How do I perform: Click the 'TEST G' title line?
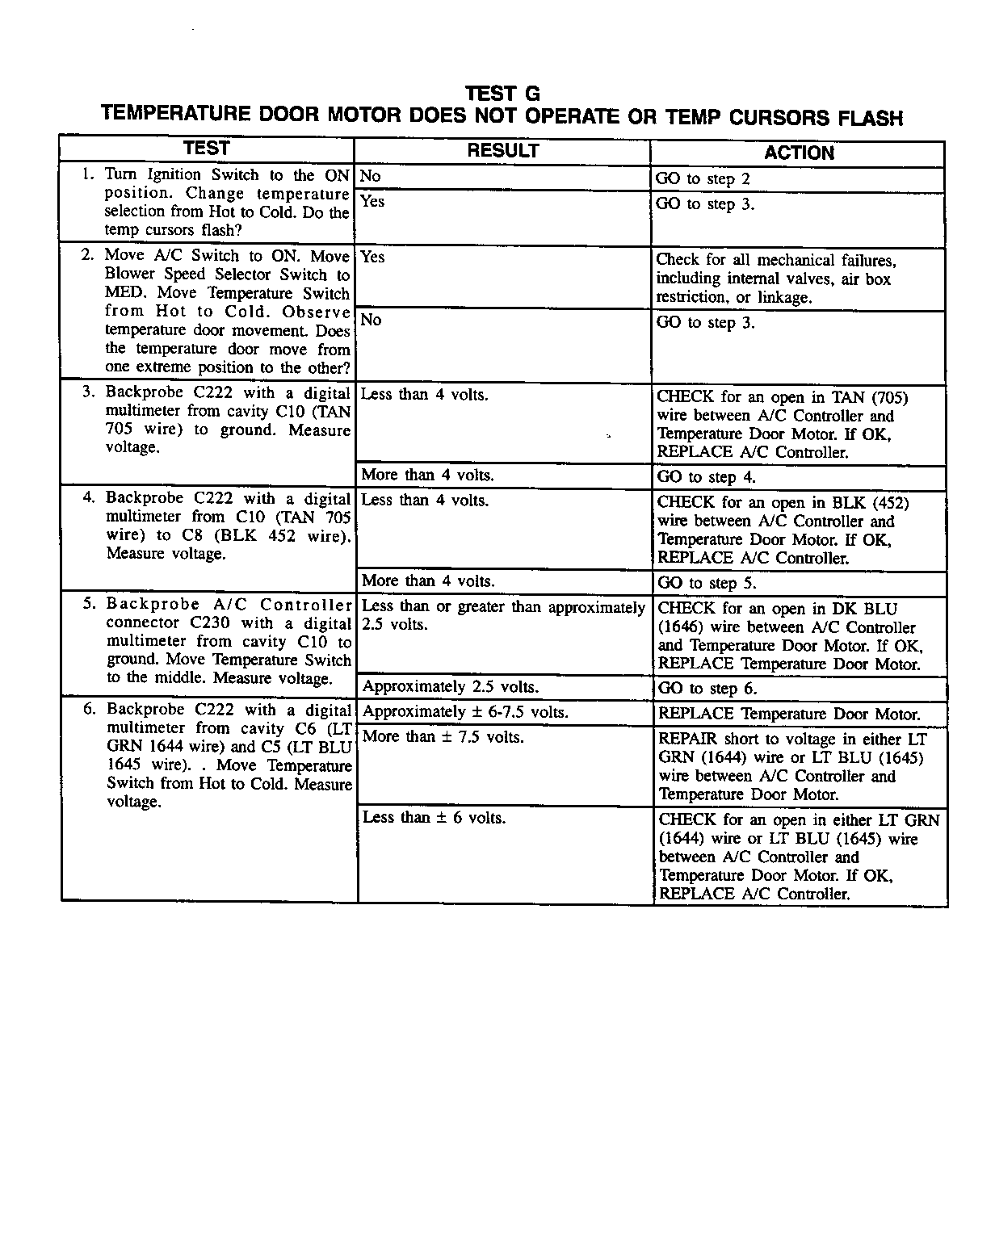tap(502, 94)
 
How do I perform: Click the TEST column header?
tap(207, 149)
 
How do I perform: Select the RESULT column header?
tap(502, 151)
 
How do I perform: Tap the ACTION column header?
tap(799, 153)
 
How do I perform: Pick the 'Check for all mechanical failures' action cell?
tap(775, 279)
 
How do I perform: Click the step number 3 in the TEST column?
tap(88, 392)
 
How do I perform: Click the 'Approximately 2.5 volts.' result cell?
tap(450, 687)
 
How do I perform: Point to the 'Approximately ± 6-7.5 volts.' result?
tap(465, 712)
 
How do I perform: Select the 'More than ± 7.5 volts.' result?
tap(443, 737)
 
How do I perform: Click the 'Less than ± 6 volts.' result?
tap(434, 818)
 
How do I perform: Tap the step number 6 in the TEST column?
tap(90, 709)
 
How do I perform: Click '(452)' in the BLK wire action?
tap(891, 503)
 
